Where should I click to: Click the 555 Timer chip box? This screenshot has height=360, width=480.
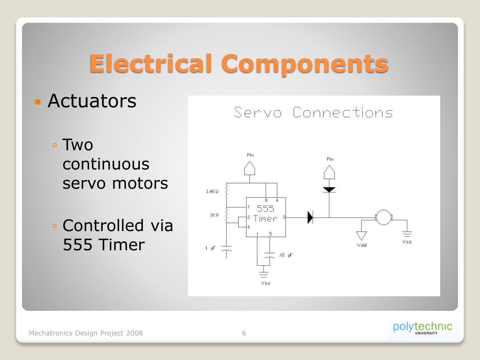(266, 217)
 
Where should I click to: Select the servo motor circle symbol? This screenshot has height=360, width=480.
(384, 217)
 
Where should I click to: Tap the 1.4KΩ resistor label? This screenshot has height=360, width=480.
(212, 191)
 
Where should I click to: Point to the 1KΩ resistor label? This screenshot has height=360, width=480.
(214, 215)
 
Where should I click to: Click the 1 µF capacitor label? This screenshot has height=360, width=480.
(210, 248)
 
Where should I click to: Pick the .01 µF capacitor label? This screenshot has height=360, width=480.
(285, 255)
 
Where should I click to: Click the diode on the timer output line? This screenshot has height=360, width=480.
(310, 217)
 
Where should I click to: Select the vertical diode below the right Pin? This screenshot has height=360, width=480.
(330, 190)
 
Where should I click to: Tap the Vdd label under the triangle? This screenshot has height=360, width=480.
(361, 245)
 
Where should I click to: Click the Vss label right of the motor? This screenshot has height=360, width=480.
(407, 242)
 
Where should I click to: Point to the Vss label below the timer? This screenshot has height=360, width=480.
(265, 283)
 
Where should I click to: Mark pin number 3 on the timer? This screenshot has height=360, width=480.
(284, 217)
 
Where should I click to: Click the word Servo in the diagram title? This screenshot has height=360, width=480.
(258, 113)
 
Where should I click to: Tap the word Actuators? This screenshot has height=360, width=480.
(92, 101)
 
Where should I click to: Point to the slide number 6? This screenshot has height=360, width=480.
(244, 333)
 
